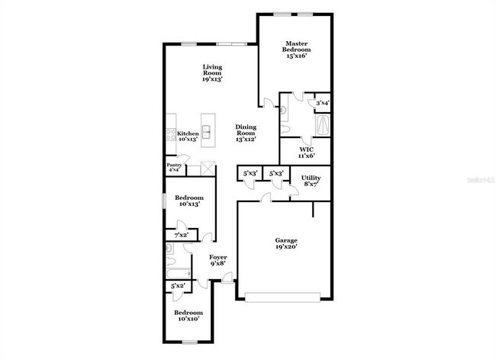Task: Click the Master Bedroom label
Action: pos(295,50)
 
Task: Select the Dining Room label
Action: pos(245,133)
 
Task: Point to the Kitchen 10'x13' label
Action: pos(188,136)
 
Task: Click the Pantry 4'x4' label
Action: pos(174,166)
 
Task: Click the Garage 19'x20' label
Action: pos(286,243)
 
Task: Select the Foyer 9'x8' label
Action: pos(219,261)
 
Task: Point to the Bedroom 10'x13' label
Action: pos(188,201)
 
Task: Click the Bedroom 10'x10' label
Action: pos(188,316)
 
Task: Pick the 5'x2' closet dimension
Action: pos(177,286)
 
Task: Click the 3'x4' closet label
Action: pos(323,102)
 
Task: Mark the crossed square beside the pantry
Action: pos(206,168)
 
